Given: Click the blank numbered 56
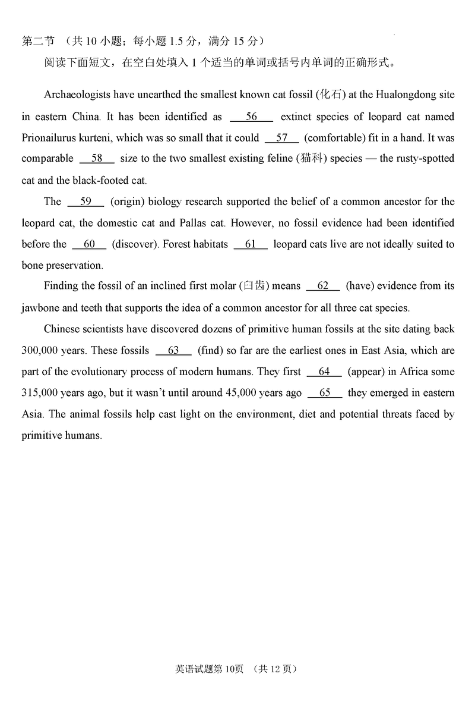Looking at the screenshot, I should click(x=251, y=117).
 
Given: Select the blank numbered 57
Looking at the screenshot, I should click(x=281, y=138).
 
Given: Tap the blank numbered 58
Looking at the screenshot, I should click(x=96, y=159).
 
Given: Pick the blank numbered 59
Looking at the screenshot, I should click(x=85, y=202).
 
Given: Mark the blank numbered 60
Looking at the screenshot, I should click(x=89, y=244).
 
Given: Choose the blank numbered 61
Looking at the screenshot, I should click(x=251, y=244).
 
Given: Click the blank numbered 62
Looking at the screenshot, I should click(x=323, y=286).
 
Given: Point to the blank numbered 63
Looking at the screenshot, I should click(x=173, y=351).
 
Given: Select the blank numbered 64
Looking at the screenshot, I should click(x=324, y=372).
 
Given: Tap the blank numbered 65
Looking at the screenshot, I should click(x=325, y=393).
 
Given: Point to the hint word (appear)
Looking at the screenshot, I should click(x=366, y=372).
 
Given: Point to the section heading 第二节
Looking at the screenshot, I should click(x=38, y=41).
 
